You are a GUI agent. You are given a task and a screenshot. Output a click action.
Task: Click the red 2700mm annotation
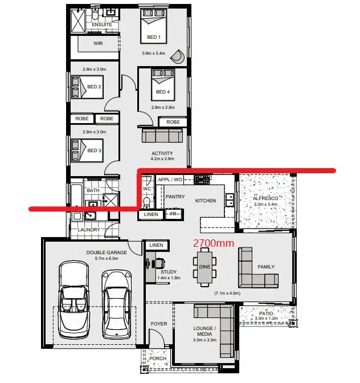click(x=214, y=243)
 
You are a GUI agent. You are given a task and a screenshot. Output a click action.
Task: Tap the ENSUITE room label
click(x=102, y=25)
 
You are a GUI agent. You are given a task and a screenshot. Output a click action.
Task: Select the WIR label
click(x=98, y=43)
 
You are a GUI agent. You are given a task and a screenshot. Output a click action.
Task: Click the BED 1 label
click(x=154, y=38)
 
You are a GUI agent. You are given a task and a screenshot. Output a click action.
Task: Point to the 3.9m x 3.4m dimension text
click(x=154, y=53)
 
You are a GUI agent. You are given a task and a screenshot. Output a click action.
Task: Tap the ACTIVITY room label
click(x=162, y=153)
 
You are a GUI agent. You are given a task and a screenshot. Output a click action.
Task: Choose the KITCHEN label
click(x=206, y=201)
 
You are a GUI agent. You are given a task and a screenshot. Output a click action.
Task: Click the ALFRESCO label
click(x=265, y=198)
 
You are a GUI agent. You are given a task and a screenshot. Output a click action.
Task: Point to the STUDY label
click(x=169, y=272)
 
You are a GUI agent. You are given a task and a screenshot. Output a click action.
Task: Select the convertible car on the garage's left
click(x=75, y=298)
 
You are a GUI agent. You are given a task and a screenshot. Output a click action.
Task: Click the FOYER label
click(x=159, y=324)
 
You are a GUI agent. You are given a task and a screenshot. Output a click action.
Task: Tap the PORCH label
click(x=158, y=358)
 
